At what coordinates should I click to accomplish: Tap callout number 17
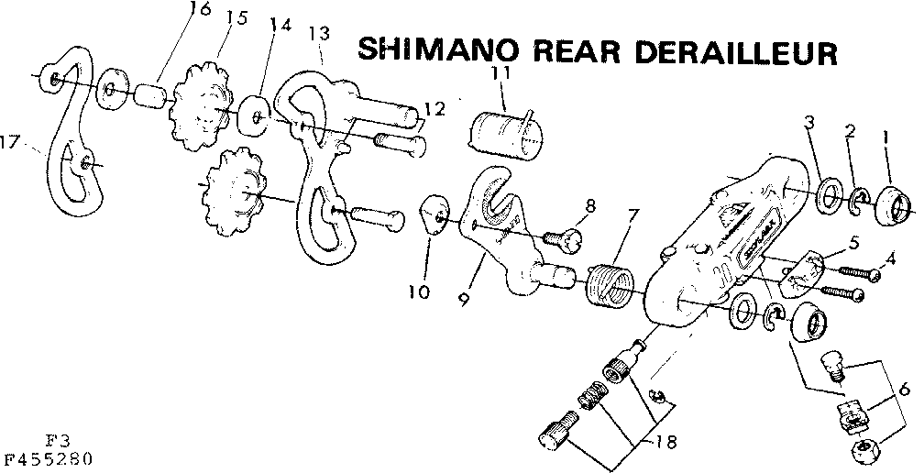coord(11,143)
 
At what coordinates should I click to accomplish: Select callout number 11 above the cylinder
coord(500,72)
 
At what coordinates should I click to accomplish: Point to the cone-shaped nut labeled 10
coord(435,218)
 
